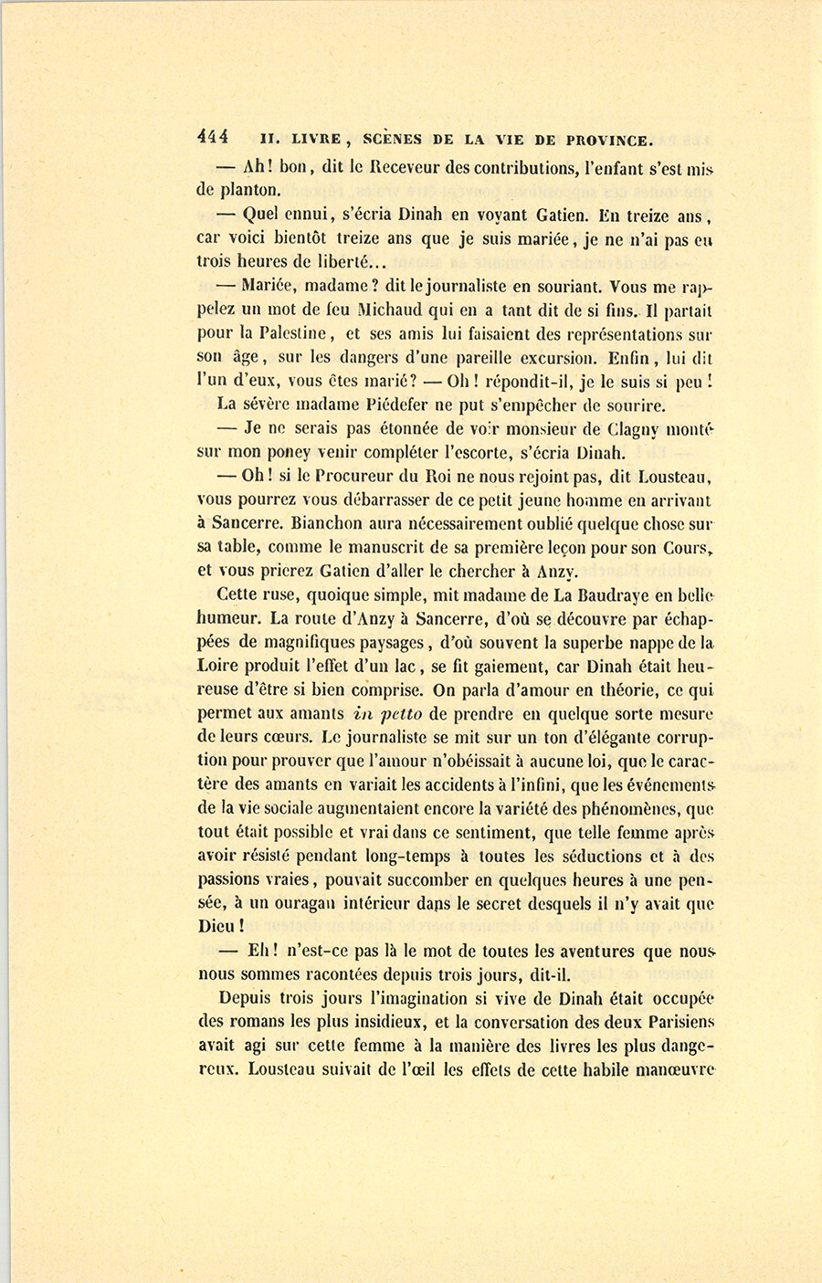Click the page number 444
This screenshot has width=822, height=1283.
[x=212, y=139]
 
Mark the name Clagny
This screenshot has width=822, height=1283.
[x=638, y=428]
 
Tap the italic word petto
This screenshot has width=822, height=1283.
[x=395, y=714]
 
